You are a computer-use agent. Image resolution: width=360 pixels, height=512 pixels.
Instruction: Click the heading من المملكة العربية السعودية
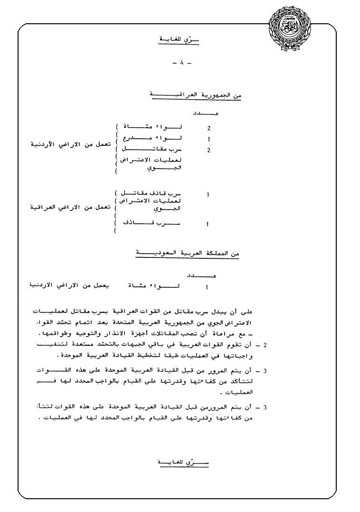click(x=188, y=255)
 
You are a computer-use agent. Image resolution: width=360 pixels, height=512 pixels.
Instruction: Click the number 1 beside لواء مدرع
click(x=208, y=140)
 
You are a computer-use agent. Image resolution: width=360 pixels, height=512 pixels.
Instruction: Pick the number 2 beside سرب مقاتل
click(x=208, y=151)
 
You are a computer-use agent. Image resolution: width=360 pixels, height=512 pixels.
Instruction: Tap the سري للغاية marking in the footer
click(x=181, y=462)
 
